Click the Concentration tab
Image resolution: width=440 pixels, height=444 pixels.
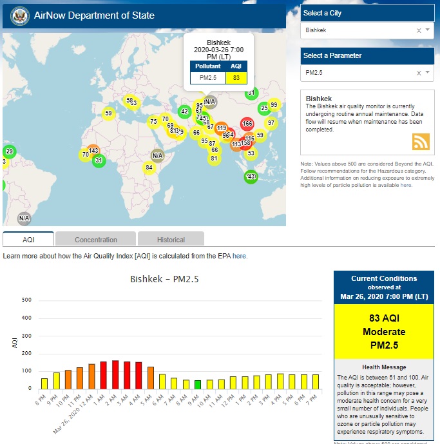[95, 240]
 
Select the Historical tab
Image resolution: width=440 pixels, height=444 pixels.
[171, 240]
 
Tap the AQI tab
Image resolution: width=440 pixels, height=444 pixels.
[28, 240]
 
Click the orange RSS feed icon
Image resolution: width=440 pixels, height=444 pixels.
[421, 142]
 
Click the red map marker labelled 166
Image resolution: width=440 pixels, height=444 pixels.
[247, 123]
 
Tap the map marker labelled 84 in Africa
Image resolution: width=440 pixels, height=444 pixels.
[149, 168]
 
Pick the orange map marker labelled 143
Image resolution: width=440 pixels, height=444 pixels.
[93, 151]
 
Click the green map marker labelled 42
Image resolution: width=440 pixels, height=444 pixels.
[184, 111]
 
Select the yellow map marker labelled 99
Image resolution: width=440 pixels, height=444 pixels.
[274, 105]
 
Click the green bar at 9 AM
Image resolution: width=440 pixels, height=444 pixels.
[198, 384]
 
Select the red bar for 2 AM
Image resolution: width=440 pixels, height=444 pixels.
[115, 374]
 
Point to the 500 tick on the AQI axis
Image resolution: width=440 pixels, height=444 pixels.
[26, 300]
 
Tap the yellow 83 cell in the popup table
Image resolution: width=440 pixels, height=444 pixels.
[236, 78]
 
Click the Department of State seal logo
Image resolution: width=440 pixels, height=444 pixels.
[20, 15]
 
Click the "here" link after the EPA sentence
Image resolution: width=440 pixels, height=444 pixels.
[240, 256]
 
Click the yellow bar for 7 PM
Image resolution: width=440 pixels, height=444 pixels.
[315, 381]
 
